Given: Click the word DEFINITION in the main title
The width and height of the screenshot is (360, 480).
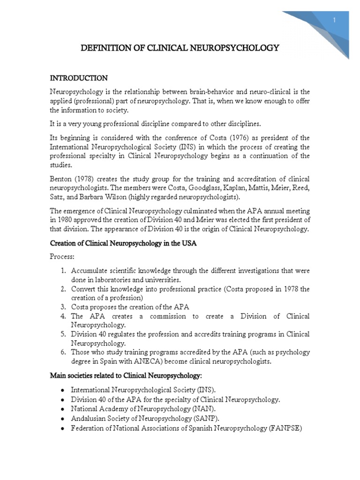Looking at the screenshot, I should [103, 48].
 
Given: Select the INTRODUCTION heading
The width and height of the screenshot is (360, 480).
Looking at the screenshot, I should [79, 78].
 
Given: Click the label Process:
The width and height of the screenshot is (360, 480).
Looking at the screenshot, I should [62, 257].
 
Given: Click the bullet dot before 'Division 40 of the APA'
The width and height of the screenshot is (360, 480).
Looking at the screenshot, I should [62, 400].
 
